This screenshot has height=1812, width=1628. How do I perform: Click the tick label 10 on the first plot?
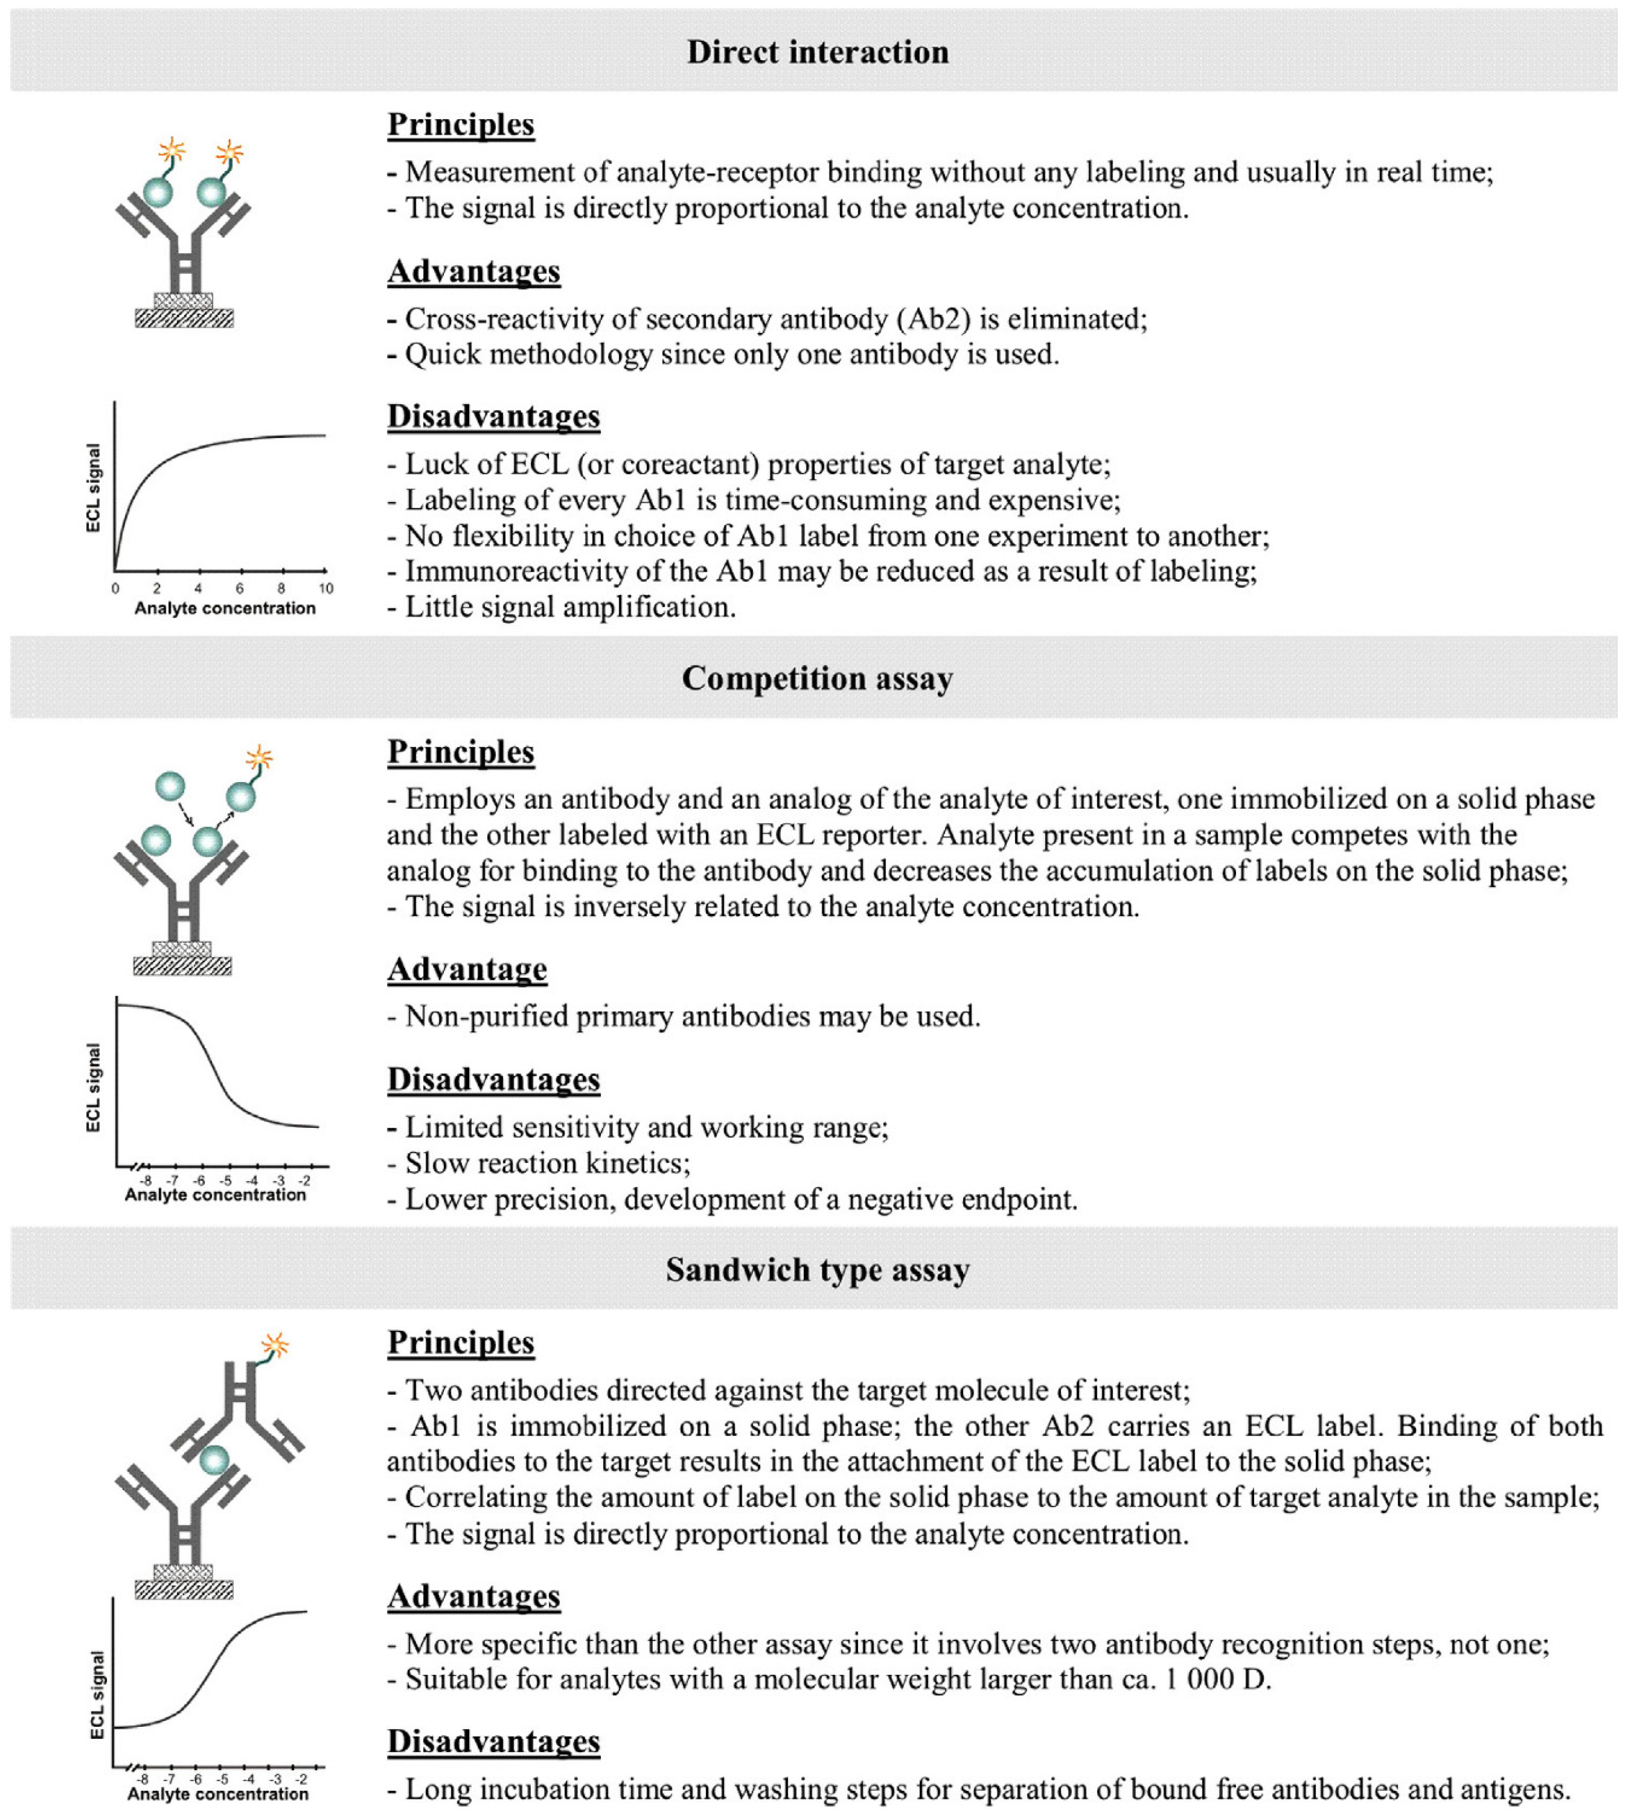tap(326, 588)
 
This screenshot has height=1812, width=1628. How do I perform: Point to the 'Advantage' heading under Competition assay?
tap(467, 969)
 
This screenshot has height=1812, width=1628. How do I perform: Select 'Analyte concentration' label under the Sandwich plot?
tap(217, 1793)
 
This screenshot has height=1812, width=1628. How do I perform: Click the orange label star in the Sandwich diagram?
tap(275, 1344)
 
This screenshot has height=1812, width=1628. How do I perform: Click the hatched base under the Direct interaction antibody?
tap(184, 318)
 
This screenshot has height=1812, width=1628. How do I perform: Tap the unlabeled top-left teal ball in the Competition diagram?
tap(170, 787)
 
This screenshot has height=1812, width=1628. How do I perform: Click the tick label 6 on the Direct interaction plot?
tap(240, 588)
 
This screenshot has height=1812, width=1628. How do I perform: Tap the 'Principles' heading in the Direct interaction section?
tap(461, 124)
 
